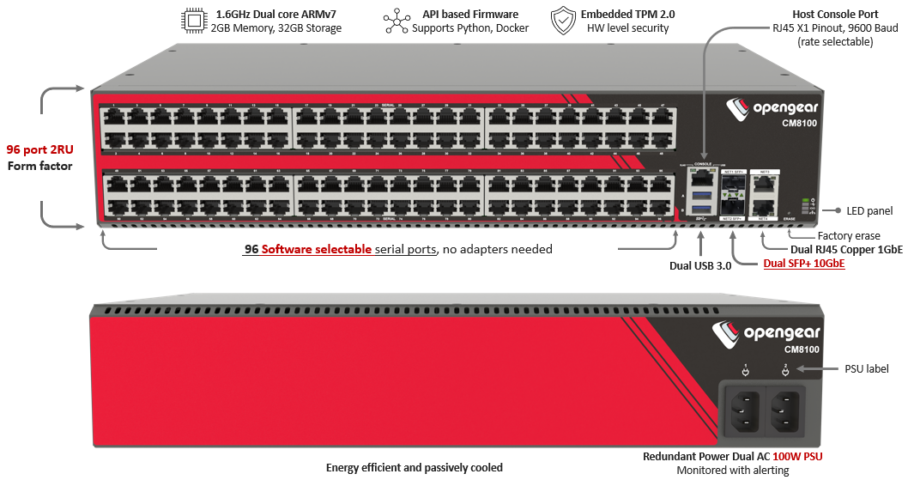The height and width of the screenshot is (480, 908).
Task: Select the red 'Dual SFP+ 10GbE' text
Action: pos(804,264)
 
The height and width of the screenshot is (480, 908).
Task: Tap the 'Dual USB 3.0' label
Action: pos(700,265)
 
